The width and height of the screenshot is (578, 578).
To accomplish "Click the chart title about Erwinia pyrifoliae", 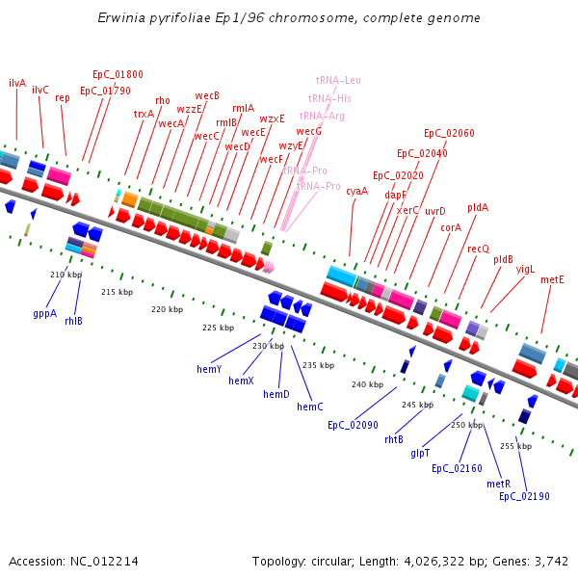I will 289,18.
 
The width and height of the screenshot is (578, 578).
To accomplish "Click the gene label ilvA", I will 17,84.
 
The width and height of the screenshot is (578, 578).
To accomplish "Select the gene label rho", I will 162,100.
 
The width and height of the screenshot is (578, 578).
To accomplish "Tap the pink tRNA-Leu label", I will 338,81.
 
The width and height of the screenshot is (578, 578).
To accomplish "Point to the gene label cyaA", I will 356,191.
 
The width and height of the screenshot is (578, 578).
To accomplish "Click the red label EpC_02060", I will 449,133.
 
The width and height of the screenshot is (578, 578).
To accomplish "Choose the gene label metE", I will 552,279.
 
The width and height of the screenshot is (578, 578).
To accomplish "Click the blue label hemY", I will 209,369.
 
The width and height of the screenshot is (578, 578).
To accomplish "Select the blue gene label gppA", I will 44,313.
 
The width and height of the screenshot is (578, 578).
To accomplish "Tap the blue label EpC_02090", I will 353,425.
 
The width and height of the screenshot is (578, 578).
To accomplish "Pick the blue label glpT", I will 420,452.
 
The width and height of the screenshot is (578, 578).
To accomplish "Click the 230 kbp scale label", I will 269,346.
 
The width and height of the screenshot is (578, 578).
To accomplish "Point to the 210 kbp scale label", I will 66,275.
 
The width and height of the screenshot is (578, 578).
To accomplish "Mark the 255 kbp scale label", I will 515,446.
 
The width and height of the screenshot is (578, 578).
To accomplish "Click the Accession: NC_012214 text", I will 73,561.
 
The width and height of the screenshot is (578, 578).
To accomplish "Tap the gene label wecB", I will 207,95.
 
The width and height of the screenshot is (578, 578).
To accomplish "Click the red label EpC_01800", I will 118,74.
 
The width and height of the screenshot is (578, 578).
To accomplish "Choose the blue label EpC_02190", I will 524,496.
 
